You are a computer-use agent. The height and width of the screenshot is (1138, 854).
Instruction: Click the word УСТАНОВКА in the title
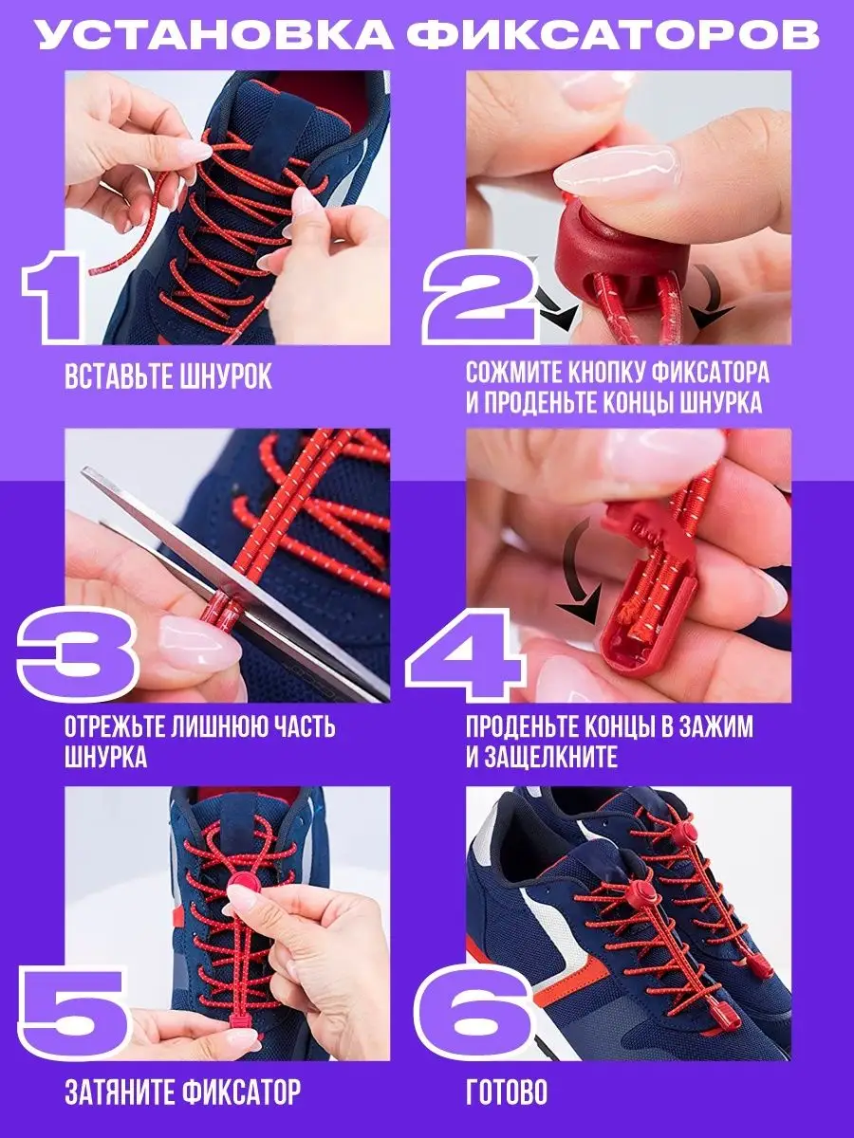(x=215, y=35)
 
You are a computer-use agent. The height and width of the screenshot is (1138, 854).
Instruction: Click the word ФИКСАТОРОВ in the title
(x=612, y=35)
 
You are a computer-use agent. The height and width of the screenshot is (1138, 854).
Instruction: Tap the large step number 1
(x=53, y=297)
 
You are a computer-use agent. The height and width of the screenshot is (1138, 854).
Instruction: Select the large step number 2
(x=480, y=299)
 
